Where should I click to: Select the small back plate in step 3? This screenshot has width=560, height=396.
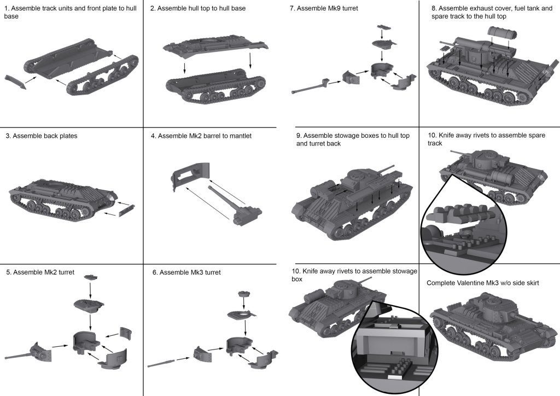125,208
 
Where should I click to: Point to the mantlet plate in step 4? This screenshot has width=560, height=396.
189,174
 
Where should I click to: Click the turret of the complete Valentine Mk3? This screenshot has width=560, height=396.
492,304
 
